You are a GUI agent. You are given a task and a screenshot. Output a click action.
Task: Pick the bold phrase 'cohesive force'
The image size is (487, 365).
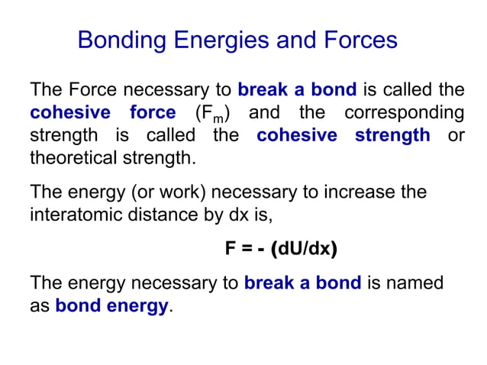click(x=102, y=113)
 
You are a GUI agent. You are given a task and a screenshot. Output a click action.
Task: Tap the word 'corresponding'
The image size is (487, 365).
click(x=404, y=113)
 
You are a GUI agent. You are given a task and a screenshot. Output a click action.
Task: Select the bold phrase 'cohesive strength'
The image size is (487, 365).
click(x=343, y=136)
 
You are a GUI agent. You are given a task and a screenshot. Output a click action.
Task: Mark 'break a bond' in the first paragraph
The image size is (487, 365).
click(x=297, y=90)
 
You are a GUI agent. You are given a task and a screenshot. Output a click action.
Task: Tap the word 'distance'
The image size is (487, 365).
click(x=166, y=215)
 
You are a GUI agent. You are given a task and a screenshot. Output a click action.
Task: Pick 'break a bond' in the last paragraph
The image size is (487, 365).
click(x=302, y=283)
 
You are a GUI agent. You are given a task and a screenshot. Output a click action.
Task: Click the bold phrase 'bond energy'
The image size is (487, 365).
click(x=111, y=306)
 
